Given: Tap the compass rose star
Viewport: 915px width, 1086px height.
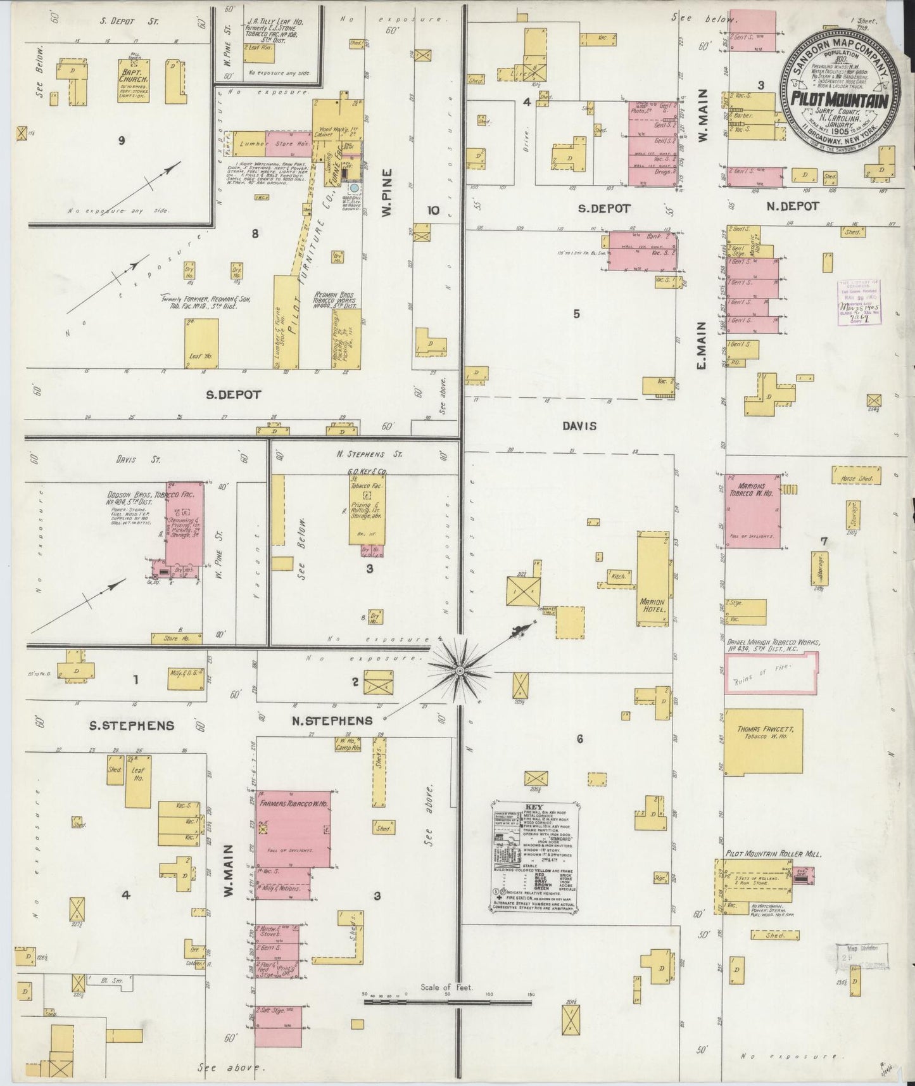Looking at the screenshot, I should [x=459, y=668].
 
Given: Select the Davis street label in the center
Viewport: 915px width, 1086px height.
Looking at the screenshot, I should [x=579, y=426].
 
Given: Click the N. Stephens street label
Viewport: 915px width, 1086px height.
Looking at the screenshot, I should [x=332, y=720].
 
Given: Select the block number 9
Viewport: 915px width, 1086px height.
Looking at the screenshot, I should [x=120, y=141].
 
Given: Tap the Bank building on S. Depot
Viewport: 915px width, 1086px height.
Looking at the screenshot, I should [x=641, y=251].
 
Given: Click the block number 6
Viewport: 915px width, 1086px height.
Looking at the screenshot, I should [x=579, y=739].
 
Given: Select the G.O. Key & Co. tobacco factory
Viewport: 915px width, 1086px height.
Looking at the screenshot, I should [x=367, y=510].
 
